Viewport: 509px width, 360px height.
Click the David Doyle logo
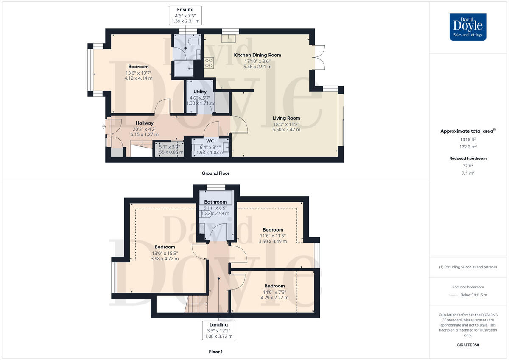tap(468, 27)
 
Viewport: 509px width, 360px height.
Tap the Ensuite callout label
tap(185, 15)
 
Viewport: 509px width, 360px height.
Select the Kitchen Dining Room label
tap(257, 55)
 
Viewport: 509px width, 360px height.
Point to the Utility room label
tap(200, 92)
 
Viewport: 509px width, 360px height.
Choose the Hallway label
tap(144, 123)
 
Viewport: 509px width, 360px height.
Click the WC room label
tap(210, 140)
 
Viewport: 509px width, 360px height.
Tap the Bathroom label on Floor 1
tap(215, 202)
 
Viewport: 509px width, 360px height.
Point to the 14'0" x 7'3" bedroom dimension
tap(274, 292)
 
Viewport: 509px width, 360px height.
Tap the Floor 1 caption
tap(215, 352)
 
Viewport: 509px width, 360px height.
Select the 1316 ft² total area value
tap(468, 139)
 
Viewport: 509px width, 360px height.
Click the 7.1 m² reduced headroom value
tap(468, 173)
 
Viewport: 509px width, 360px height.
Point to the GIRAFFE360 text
tap(468, 345)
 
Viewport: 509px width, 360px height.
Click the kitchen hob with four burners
tap(209, 63)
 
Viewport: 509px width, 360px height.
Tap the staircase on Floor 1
tap(196, 304)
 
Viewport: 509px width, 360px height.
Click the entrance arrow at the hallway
tap(104, 126)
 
